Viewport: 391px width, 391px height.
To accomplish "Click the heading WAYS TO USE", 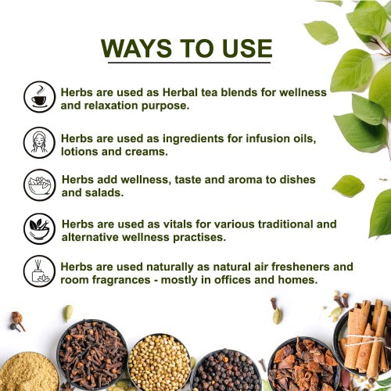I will coord(186,48).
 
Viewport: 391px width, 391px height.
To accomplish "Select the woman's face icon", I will coord(39,142).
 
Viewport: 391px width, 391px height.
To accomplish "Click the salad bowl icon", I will coord(39,185).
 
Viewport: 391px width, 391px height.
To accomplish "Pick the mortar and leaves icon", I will coord(39,228).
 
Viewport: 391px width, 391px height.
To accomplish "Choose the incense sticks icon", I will coord(39,271).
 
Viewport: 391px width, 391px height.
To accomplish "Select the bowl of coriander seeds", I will coord(159,361).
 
